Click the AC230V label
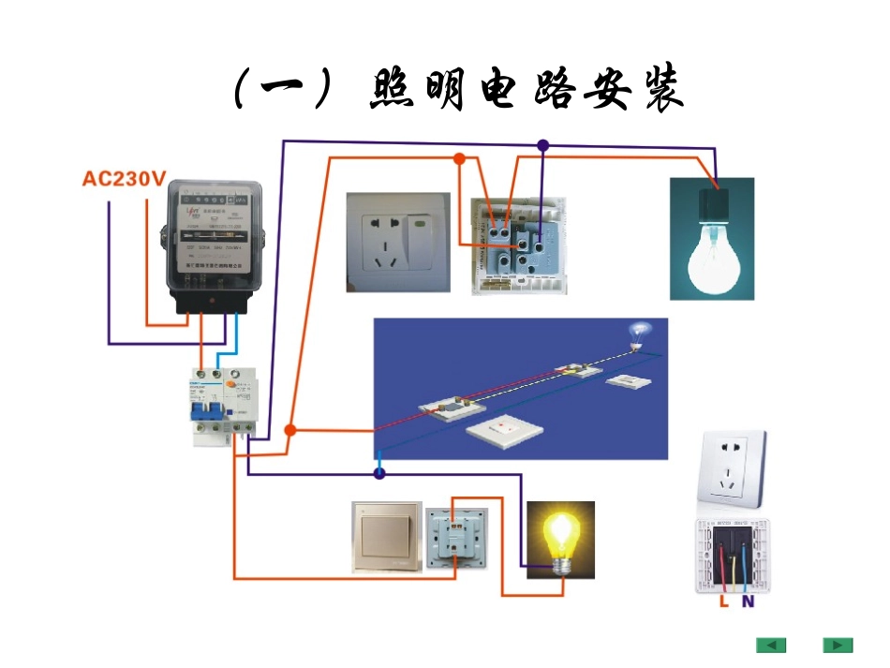coord(125,179)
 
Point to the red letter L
coord(723,602)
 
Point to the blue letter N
coord(748,602)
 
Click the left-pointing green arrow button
coord(771,646)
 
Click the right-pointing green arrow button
coord(838,646)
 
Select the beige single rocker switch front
coord(386,537)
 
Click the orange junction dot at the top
coord(459,158)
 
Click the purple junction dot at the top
coord(542,145)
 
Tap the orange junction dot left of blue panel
coord(290,430)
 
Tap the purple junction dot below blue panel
coord(379,474)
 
